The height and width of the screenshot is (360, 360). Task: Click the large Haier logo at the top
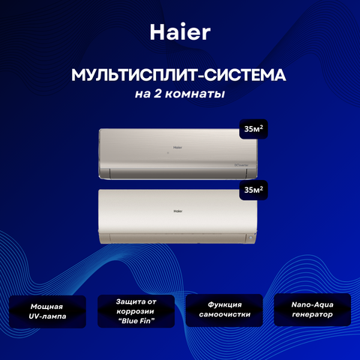click(180, 32)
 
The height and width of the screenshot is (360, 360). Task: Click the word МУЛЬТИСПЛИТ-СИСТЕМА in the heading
click(178, 75)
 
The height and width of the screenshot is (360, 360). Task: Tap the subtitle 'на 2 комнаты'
click(180, 94)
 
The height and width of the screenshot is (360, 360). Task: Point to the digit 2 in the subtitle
click(157, 93)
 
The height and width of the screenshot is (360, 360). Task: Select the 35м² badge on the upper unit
click(253, 129)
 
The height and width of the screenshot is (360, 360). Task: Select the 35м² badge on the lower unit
click(253, 190)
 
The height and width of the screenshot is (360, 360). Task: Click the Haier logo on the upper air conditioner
click(178, 147)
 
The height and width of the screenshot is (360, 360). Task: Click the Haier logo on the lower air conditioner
click(178, 211)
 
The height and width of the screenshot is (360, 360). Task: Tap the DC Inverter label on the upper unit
click(241, 165)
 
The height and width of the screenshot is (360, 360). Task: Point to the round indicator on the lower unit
click(250, 238)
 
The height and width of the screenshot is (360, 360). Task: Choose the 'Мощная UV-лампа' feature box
click(47, 311)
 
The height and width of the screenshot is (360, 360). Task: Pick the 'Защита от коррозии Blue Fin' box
click(136, 311)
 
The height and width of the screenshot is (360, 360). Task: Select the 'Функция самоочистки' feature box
click(224, 310)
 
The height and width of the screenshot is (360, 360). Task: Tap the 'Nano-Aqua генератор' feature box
click(313, 310)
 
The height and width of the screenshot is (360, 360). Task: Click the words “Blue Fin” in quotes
click(136, 321)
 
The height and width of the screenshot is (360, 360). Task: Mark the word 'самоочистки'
click(224, 314)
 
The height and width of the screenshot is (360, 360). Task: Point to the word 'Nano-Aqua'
click(313, 304)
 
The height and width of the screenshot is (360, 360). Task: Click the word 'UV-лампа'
click(47, 316)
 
